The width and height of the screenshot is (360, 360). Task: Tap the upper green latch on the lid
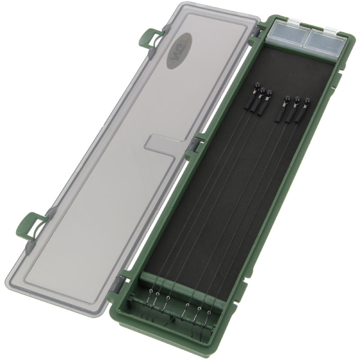[x=148, y=40]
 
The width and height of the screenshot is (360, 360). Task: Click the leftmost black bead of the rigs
[x=254, y=88]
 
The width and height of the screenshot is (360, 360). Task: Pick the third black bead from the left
[x=269, y=93]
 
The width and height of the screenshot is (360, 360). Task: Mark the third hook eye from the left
[x=168, y=298]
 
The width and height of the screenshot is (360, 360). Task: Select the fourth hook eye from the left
[x=188, y=306]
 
